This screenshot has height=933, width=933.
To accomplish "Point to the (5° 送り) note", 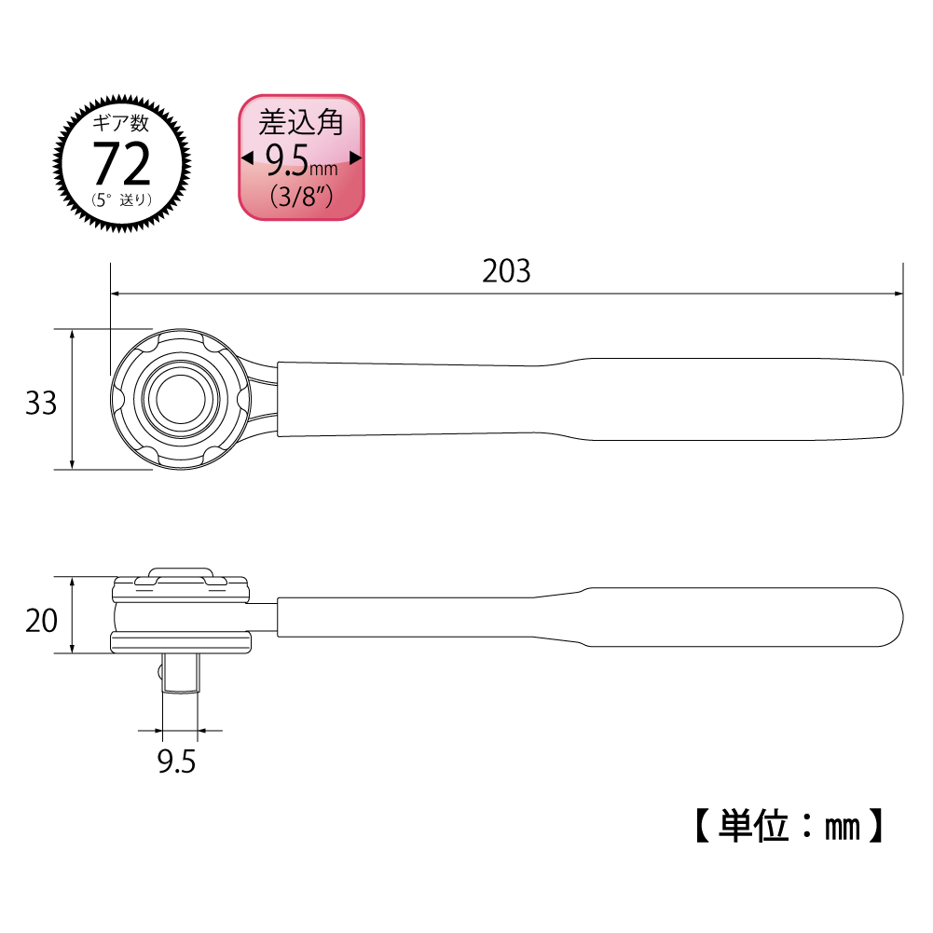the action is (122, 199).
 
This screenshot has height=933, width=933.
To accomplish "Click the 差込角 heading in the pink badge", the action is (301, 122).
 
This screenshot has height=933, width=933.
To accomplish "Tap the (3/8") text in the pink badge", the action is (301, 197).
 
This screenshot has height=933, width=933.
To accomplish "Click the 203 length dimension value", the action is (506, 271).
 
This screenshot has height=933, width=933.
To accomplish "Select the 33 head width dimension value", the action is (40, 403).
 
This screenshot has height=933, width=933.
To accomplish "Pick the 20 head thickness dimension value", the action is (41, 621).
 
